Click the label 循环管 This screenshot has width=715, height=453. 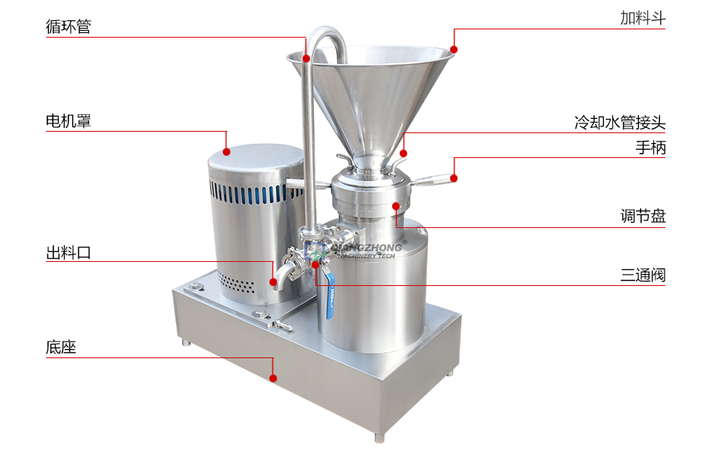[68, 26]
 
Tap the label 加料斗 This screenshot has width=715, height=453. [643, 18]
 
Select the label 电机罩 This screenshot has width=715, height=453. [68, 120]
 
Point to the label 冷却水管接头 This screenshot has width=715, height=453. [619, 122]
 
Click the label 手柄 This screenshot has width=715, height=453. [651, 147]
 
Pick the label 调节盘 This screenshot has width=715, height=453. [643, 215]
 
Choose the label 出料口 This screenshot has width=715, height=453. [68, 252]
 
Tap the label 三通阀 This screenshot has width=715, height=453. [643, 275]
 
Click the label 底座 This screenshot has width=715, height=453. [61, 347]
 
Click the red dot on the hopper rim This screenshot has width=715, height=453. [454, 49]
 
